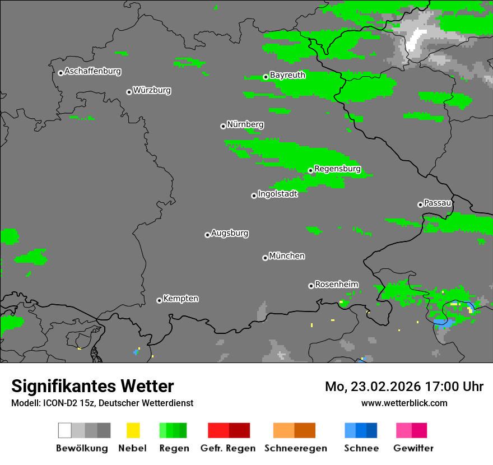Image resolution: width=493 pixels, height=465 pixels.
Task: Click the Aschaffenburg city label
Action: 92,71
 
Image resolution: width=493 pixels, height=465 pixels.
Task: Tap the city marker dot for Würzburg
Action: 129,92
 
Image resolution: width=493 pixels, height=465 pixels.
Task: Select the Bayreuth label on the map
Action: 287,75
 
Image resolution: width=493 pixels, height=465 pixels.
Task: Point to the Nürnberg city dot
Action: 223,126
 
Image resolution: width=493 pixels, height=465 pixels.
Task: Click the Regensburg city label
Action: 337,169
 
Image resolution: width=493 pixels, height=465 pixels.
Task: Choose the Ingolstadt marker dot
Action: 254,196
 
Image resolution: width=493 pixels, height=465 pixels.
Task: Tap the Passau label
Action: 438,203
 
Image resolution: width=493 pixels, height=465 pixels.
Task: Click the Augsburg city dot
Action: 207,235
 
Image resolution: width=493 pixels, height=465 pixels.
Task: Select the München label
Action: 287,256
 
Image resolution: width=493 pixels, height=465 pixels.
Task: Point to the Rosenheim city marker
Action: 311,286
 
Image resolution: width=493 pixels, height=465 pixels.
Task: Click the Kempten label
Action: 180,299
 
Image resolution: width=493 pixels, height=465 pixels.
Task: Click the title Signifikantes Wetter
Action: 92,386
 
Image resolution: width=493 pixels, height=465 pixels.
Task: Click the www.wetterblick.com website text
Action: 404,403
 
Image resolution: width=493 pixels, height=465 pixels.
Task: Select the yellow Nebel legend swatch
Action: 133,430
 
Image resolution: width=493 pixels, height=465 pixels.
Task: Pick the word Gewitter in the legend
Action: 413,448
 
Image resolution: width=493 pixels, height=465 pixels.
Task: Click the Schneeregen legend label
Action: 295,448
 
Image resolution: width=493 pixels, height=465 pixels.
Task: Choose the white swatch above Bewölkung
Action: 65,430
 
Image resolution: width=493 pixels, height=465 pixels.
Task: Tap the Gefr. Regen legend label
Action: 227,448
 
